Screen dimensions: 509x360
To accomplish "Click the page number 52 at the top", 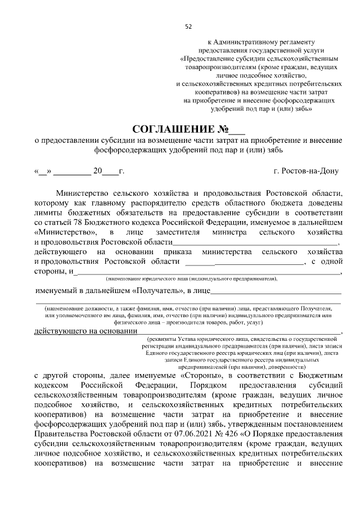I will click(x=188, y=26).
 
